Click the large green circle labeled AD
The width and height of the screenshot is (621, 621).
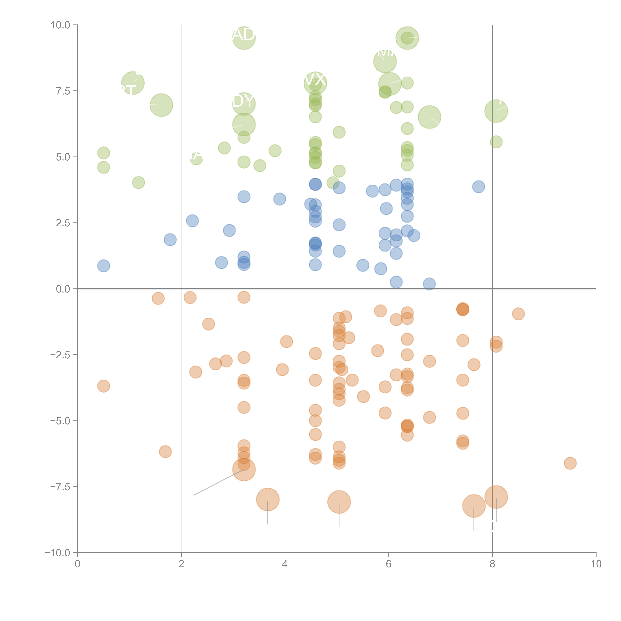244,38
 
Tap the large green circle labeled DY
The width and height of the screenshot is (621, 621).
244,104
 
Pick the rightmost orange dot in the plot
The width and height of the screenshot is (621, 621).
570,463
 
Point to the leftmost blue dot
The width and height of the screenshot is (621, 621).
103,266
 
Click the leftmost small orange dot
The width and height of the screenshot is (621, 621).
103,386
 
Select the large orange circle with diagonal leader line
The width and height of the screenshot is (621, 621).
244,470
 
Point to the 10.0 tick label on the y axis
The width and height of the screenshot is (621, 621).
60,25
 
